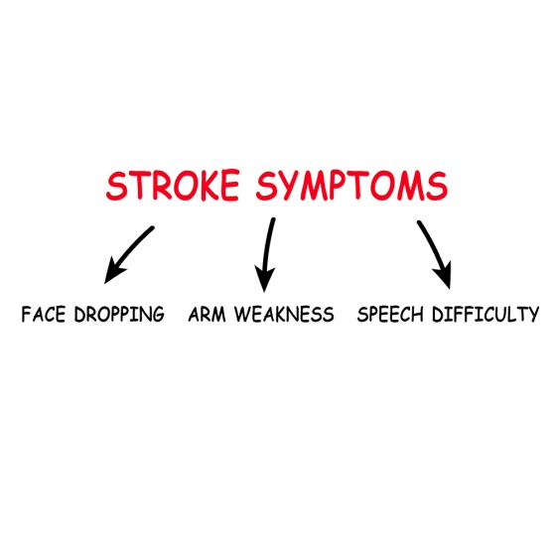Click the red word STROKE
[173, 185]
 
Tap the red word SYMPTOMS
[351, 186]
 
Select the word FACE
[44, 314]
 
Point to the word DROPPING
[119, 314]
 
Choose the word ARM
[207, 314]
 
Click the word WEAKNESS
[284, 314]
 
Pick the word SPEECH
[390, 314]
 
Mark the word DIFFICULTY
[485, 314]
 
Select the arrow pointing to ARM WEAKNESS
[267, 254]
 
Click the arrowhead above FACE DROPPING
[114, 272]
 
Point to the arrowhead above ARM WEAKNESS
[265, 279]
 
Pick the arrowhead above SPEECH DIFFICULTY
[444, 276]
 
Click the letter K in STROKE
[203, 185]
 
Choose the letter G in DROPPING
[158, 314]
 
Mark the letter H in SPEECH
[417, 314]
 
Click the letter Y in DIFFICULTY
[533, 314]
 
